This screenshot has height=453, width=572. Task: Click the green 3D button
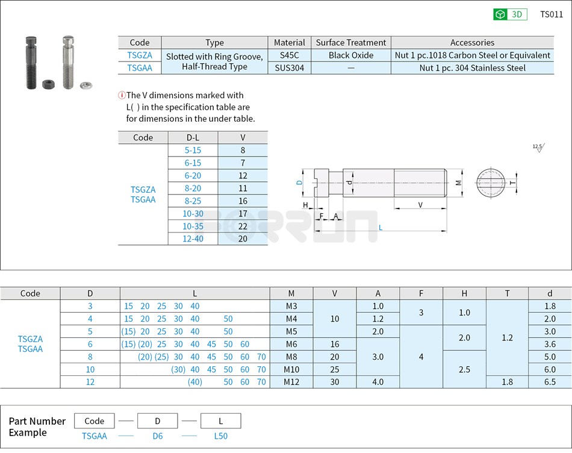coord(510,14)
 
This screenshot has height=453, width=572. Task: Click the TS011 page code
coord(552,14)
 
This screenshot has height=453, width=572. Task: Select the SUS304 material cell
coord(289,68)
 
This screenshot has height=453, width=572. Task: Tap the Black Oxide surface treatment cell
coord(351,55)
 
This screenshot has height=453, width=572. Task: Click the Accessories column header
coord(472,43)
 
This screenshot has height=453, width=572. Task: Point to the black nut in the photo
coord(48,83)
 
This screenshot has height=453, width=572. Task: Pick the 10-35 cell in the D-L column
coord(193,226)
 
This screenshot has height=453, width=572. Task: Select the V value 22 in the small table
coord(243,226)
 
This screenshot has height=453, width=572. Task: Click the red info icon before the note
coord(122,95)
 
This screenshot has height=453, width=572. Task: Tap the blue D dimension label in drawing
coord(299,182)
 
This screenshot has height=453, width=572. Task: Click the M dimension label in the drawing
coord(458,183)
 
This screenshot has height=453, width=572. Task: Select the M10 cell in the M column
coord(291,369)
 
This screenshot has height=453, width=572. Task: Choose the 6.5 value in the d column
coord(550,382)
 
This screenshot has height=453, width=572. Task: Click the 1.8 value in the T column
coord(507,382)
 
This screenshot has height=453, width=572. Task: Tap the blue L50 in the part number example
coord(220,436)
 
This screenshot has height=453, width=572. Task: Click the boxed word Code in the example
coord(95,421)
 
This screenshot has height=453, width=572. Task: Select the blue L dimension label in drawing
coord(381,228)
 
